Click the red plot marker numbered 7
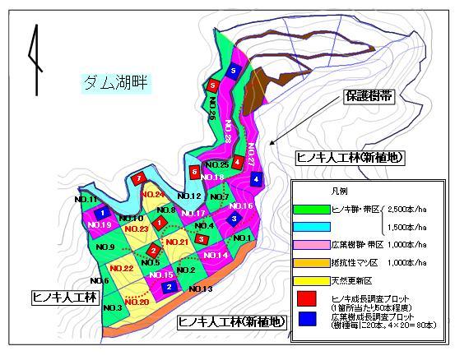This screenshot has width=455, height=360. (x=141, y=178)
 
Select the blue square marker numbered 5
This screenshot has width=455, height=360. (x=234, y=72)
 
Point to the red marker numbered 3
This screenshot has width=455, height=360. (x=201, y=239)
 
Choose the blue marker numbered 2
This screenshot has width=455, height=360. (x=169, y=287)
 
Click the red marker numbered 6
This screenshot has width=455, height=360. (x=194, y=172)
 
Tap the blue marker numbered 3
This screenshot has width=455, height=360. (x=234, y=219)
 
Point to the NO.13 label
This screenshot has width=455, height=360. (x=199, y=288)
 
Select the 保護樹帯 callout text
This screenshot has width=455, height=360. (x=368, y=96)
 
